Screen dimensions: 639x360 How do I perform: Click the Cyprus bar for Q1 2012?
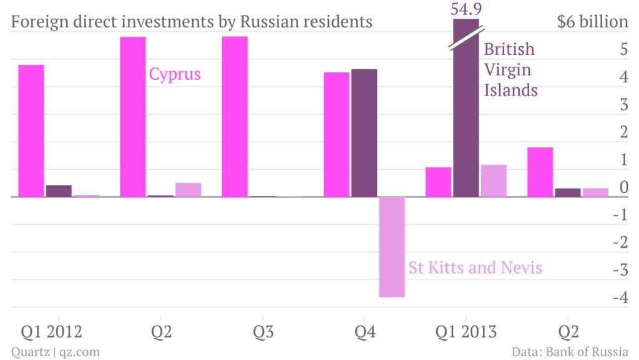31,131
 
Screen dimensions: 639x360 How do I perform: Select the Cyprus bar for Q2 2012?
133,117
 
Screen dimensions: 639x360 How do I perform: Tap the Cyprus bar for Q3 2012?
235,117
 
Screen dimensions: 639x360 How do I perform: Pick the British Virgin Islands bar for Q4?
364,133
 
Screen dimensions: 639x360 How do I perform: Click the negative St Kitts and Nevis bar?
392,247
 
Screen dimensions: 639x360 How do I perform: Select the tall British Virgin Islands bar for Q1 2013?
466,108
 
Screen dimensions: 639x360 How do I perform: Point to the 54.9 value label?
466,9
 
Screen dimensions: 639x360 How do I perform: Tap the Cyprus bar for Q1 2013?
439,182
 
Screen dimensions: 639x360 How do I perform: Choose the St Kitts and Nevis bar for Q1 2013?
494,181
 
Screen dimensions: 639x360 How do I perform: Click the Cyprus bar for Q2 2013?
540,172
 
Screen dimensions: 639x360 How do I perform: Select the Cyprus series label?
175,74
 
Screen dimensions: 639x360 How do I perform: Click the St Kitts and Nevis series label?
475,268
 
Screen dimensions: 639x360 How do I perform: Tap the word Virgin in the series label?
508,70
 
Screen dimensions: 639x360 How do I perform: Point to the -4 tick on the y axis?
621,297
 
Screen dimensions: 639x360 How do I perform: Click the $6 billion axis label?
593,22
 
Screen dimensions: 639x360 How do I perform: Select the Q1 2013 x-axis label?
466,332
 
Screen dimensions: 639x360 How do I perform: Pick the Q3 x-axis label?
263,332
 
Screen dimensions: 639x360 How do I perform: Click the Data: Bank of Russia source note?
570,351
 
